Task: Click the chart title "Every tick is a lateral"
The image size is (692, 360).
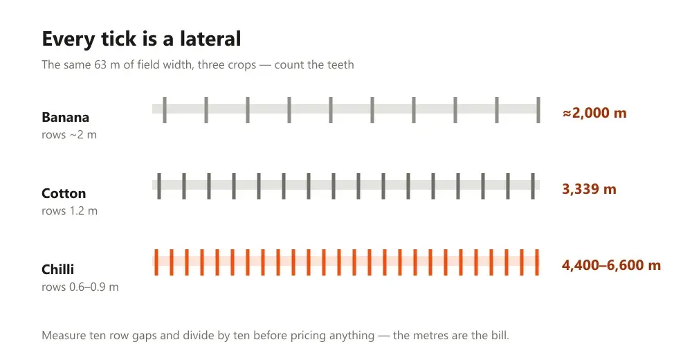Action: click(x=141, y=39)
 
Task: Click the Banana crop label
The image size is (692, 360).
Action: click(x=65, y=117)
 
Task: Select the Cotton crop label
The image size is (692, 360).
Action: click(x=64, y=193)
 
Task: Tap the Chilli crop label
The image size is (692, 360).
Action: click(x=58, y=269)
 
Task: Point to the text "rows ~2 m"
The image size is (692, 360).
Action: click(x=69, y=134)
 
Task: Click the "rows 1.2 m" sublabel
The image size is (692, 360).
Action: click(x=69, y=210)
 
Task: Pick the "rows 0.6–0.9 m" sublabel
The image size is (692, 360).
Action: click(x=80, y=287)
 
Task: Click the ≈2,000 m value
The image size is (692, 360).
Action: click(x=594, y=113)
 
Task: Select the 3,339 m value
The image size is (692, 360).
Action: click(x=589, y=189)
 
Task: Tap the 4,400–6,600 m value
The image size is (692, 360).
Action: click(x=611, y=265)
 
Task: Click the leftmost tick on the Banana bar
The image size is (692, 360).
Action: click(x=165, y=110)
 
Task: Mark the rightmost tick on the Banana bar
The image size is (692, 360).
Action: click(x=538, y=110)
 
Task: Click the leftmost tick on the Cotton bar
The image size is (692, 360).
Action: click(x=159, y=186)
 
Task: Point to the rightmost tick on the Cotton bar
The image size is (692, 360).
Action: click(x=533, y=186)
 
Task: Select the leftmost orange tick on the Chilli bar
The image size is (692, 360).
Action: click(x=156, y=262)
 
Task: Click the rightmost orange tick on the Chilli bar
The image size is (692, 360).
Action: click(x=537, y=262)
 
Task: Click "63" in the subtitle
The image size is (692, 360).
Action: click(x=100, y=65)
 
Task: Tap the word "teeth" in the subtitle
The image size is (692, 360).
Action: click(x=340, y=65)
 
